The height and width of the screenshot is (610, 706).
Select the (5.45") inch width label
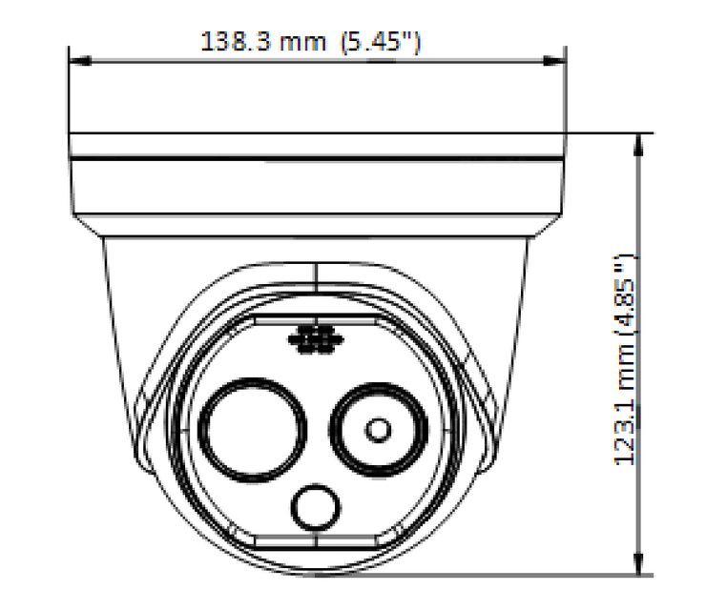coord(382,42)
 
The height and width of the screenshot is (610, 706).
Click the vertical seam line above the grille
coord(315,291)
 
